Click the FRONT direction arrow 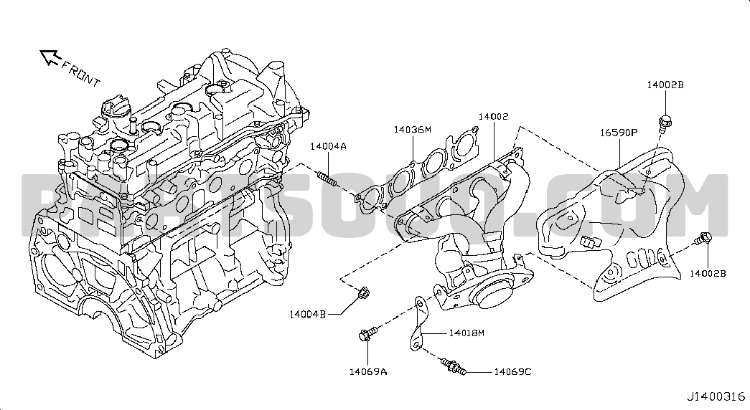pos(49,57)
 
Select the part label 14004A pos(328,146)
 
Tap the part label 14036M pos(412,130)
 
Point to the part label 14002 pos(494,115)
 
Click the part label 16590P pos(619,133)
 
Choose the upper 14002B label pos(665,85)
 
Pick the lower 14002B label pos(708,273)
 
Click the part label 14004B pos(308,314)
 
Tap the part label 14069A pos(368,371)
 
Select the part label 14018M pos(467,333)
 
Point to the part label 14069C pos(512,371)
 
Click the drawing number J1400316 pos(716,396)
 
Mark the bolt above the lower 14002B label pos(705,239)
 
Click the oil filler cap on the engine pos(115,109)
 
